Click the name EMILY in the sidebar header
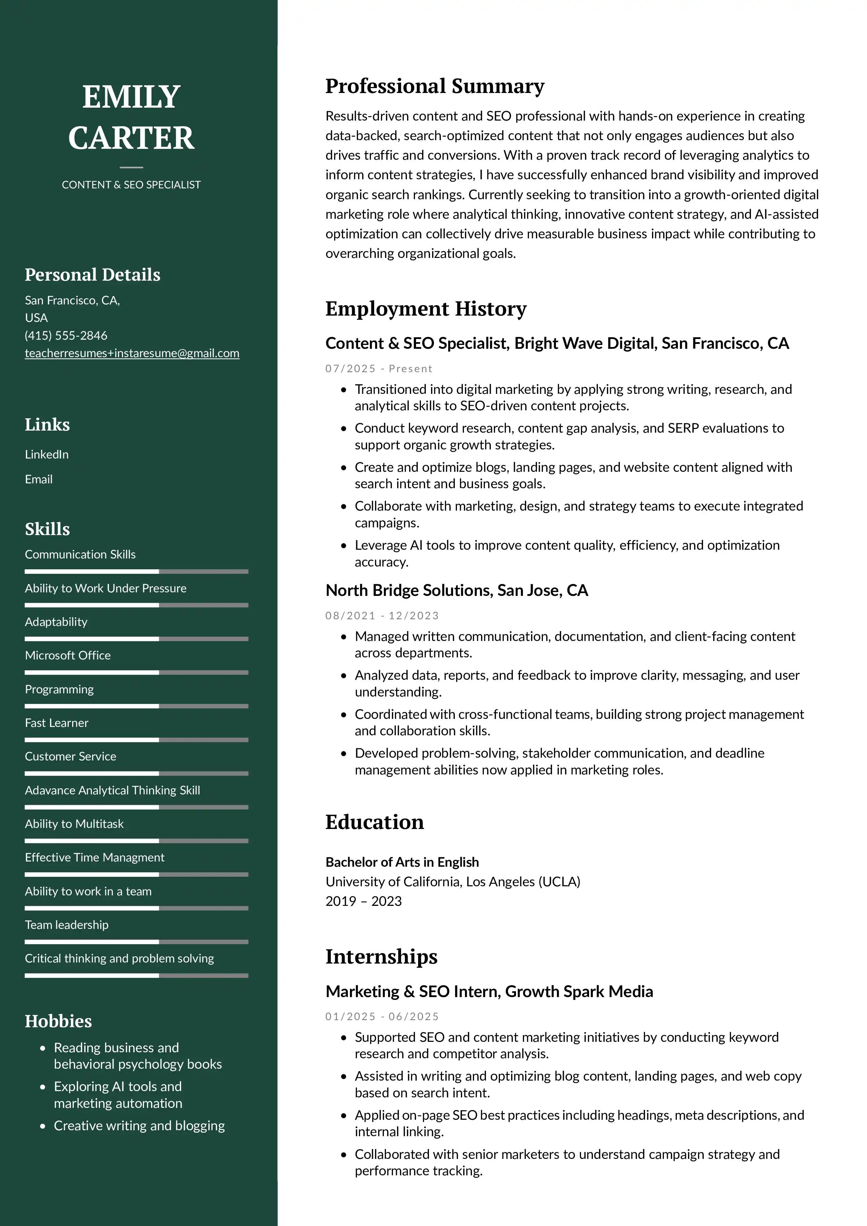pyautogui.click(x=131, y=97)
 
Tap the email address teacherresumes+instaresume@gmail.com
pyautogui.click(x=132, y=353)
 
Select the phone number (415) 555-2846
pyautogui.click(x=66, y=336)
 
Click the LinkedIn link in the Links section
pyautogui.click(x=46, y=454)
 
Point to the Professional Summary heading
pyautogui.click(x=435, y=86)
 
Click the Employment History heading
pyautogui.click(x=426, y=309)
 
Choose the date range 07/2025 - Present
pyautogui.click(x=379, y=368)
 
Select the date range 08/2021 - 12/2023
pyautogui.click(x=382, y=616)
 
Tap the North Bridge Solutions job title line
pyautogui.click(x=457, y=591)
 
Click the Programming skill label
pyautogui.click(x=59, y=689)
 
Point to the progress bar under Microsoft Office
pyautogui.click(x=136, y=673)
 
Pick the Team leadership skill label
pyautogui.click(x=67, y=925)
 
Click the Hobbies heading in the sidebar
pyautogui.click(x=58, y=1021)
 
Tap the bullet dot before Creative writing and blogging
pyautogui.click(x=43, y=1126)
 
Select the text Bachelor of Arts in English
pyautogui.click(x=402, y=863)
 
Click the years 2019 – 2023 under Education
pyautogui.click(x=363, y=901)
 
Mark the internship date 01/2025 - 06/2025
pyautogui.click(x=382, y=1017)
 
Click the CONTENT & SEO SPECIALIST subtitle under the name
pyautogui.click(x=131, y=185)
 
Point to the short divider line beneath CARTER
pyautogui.click(x=131, y=167)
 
